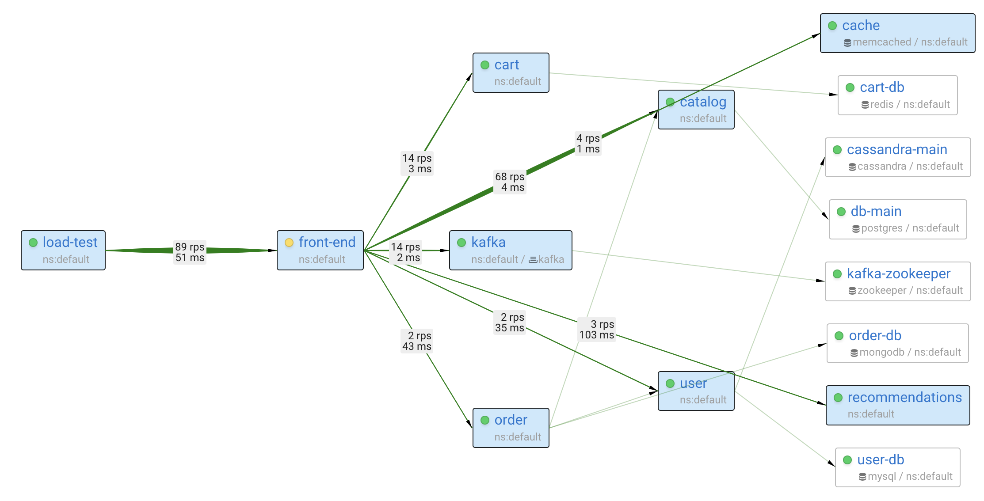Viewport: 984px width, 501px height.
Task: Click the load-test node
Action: coord(63,250)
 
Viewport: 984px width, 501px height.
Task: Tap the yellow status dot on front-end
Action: coord(289,243)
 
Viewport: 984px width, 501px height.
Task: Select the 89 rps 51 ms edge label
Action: coord(190,252)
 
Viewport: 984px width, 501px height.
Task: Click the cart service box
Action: coord(511,73)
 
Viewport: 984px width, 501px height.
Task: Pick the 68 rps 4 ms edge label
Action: coord(510,182)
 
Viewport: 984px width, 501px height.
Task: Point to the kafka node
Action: coord(510,250)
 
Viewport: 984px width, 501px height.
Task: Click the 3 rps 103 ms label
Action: coord(597,330)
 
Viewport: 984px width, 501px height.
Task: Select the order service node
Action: coord(511,428)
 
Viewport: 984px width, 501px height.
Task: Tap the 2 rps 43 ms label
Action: coord(417,341)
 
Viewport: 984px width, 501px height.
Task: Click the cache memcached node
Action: coord(897,33)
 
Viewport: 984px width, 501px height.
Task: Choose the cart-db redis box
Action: coord(897,95)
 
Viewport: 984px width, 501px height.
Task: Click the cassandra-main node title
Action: coord(896,150)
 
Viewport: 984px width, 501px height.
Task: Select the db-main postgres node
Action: coord(897,219)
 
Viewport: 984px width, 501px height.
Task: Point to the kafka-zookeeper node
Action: coord(897,281)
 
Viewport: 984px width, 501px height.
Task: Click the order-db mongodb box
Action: coord(897,343)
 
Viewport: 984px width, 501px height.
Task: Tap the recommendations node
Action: coord(897,405)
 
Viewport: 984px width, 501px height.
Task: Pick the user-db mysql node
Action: coord(897,467)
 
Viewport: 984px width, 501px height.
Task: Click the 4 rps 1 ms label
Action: coord(588,144)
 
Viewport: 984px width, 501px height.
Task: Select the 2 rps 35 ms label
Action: coord(510,323)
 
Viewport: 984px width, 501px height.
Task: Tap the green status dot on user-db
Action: coord(847,460)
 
